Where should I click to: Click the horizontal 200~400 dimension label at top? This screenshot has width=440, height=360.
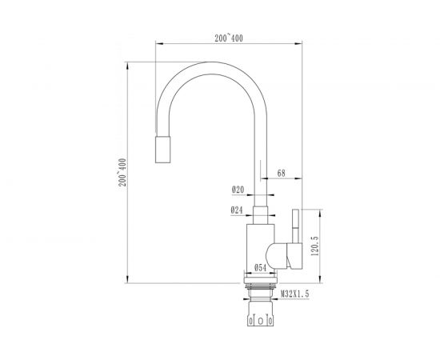[x=229, y=38]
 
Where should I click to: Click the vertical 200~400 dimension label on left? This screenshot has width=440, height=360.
[x=122, y=173]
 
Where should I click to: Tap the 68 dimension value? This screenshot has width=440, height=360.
[x=281, y=173]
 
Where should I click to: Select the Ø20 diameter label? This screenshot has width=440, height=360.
[x=238, y=190]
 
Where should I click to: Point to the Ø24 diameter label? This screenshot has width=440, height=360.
[x=237, y=210]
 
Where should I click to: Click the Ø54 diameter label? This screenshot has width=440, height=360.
[x=261, y=268]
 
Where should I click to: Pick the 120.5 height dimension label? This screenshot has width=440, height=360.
[x=315, y=246]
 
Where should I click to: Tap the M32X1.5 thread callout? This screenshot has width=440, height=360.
[x=295, y=294]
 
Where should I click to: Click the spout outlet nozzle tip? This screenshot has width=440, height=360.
[x=162, y=150]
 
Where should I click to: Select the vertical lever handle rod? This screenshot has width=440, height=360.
[x=295, y=226]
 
